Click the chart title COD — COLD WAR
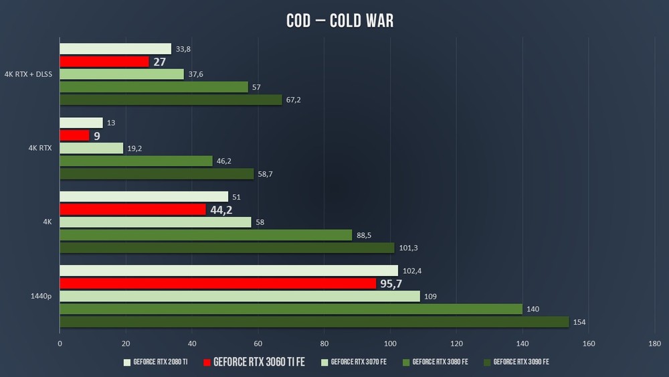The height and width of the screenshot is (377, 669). coord(340,21)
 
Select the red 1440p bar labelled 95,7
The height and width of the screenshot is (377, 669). coord(217,283)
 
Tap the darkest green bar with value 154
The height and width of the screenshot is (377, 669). coord(314,322)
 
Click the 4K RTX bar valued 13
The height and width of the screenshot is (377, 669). coord(81,123)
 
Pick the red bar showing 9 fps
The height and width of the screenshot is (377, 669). coord(74,135)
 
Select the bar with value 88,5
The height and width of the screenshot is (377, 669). coord(206,235)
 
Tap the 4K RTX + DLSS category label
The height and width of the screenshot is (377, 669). coord(28,74)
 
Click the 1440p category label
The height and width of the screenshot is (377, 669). coord(40,296)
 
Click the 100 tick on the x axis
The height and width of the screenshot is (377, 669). coord(390,344)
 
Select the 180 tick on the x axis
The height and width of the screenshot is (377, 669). coord(654,344)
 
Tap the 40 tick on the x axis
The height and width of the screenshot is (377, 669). coord(192,344)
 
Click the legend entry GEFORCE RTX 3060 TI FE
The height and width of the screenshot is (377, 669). coord(258,362)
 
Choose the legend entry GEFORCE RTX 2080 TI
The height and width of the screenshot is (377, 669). coord(160,362)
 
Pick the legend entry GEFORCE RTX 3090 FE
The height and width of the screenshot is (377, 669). coord(520,362)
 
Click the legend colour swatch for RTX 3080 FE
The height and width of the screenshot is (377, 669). coord(405,362)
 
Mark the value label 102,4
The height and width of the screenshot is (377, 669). coord(412,271)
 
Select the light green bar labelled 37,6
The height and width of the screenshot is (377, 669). coord(122,74)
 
